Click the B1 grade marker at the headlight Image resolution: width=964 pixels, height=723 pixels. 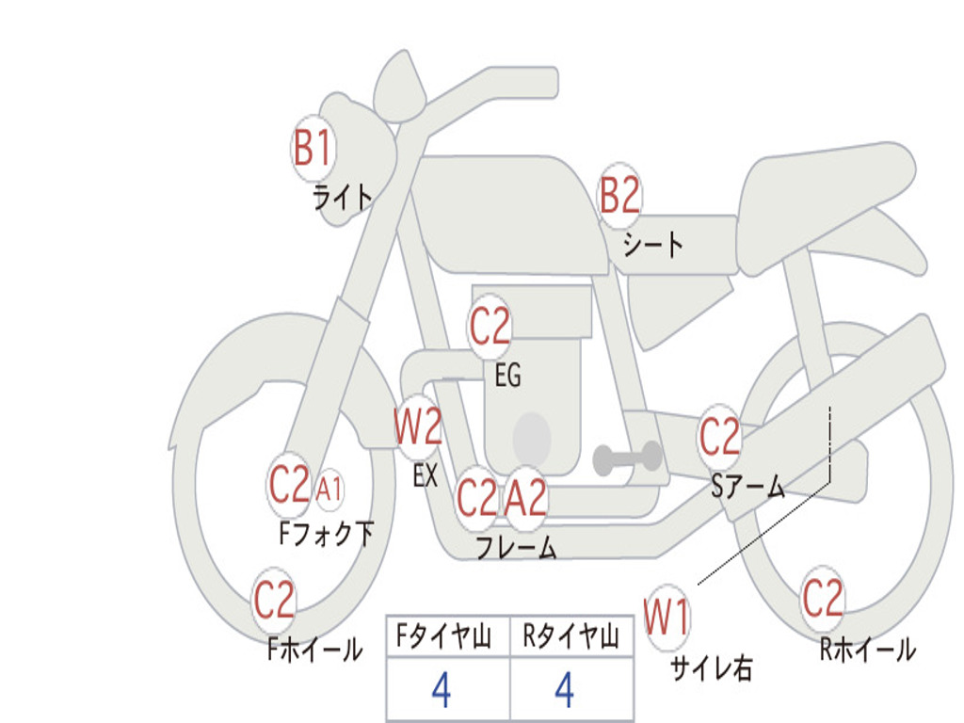(x=313, y=147)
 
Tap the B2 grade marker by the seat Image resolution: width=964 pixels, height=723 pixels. (x=619, y=196)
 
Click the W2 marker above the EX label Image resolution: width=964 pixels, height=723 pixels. (x=417, y=428)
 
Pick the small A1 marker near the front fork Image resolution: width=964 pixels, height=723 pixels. (x=329, y=490)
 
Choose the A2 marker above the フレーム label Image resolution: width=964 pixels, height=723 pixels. (x=525, y=497)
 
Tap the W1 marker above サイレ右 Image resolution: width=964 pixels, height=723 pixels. (x=667, y=619)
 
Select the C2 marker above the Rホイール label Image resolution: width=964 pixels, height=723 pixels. (x=822, y=598)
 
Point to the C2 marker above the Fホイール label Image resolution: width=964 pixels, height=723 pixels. (x=274, y=601)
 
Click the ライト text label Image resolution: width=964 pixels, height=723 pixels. (x=343, y=197)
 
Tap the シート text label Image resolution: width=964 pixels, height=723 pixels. (x=653, y=246)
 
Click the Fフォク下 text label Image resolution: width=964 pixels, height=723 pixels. (x=327, y=535)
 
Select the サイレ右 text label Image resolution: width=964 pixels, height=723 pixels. (x=711, y=668)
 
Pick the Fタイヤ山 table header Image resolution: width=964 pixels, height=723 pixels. (x=447, y=638)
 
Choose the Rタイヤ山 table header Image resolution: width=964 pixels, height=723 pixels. (x=570, y=638)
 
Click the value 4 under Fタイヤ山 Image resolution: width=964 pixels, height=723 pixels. (x=441, y=691)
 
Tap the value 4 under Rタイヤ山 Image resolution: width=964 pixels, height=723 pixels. (x=564, y=691)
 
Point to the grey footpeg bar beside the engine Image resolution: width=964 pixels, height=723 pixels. (x=627, y=458)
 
